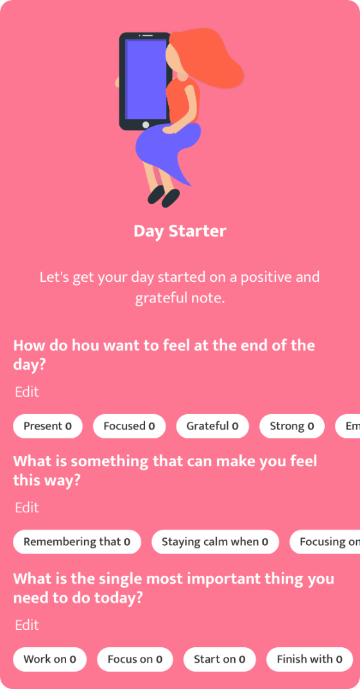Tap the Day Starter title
point(180,231)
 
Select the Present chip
point(48,426)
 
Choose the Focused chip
point(130,426)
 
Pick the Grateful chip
point(212,426)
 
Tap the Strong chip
point(292,426)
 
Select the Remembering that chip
point(77,542)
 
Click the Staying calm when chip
point(215,542)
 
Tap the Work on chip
point(49,659)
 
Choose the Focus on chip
point(135,659)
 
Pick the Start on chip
point(219,659)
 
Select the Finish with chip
point(309,659)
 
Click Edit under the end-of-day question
point(27,392)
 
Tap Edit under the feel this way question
point(27,507)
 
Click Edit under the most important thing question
point(27,625)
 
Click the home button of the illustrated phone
point(146,125)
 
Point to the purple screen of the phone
point(145,79)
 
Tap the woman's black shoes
point(164,196)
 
